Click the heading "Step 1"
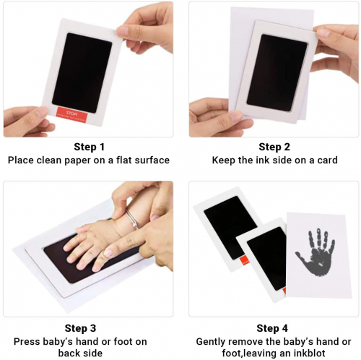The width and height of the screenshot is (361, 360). click(89, 147)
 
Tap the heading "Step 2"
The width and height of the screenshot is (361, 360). click(274, 147)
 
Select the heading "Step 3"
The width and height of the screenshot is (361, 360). click(80, 328)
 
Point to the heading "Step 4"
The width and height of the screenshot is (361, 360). click(272, 328)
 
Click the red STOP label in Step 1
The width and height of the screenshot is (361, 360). click(71, 113)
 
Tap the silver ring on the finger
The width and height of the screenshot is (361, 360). click(131, 219)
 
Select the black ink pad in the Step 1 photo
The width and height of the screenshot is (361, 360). click(82, 73)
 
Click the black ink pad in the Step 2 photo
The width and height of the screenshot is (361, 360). click(277, 73)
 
